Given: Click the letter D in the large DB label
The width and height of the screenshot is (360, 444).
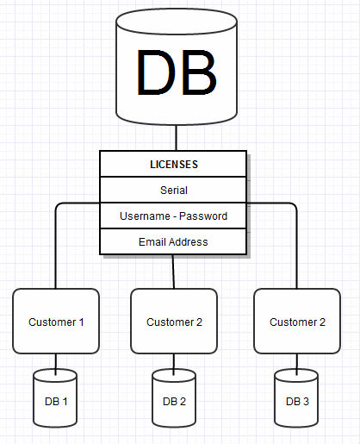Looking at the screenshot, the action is pos(156,72).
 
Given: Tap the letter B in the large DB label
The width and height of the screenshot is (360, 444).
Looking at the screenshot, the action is pos(199,72).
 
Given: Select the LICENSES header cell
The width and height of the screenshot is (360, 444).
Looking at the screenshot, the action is pos(173,164).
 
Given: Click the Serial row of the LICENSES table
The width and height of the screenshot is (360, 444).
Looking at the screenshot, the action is pos(173,190).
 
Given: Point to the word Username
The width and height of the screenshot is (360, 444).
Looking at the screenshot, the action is pos(145,216).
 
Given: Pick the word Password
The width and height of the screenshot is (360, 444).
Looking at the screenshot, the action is pos(203,216).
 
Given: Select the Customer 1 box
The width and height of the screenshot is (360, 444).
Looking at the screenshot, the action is pos(56,321).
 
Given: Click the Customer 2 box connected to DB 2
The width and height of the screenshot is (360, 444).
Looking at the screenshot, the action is pos(174,321).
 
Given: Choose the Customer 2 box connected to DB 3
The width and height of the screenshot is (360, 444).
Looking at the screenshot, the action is pos(297,321).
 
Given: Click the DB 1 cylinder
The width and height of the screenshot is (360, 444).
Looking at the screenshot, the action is pos(55,398).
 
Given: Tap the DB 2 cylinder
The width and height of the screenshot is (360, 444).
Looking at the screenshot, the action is pos(174,398).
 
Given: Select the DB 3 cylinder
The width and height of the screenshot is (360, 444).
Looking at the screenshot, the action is pos(296,398).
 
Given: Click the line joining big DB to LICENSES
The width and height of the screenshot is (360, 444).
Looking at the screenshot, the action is pos(177,138).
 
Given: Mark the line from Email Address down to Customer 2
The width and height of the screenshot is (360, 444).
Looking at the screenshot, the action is pos(173,272).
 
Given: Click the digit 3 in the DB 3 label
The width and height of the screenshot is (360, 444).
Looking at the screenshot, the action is pos(306,402).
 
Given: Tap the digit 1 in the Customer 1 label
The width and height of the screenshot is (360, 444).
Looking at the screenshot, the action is pos(81,322).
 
